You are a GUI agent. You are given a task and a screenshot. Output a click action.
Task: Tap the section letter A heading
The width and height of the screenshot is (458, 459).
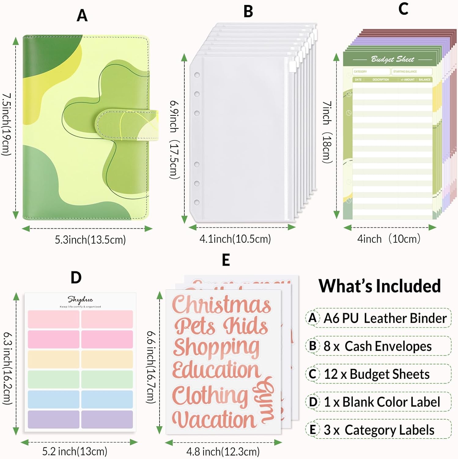82,16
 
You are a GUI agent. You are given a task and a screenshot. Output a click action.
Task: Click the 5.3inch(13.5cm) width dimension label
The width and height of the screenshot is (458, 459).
90,240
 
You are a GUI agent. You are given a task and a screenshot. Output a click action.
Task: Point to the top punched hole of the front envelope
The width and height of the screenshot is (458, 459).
197,75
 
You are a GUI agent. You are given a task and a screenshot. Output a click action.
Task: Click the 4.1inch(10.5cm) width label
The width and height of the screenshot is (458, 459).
235,239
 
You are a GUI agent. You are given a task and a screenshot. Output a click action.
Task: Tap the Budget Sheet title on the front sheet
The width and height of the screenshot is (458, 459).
392,59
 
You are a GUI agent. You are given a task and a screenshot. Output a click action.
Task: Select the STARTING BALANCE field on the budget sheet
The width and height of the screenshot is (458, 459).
412,72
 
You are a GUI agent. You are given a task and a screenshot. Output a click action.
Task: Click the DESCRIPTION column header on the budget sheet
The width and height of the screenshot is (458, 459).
380,80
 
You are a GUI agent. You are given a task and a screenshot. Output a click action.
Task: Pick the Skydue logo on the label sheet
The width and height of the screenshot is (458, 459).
80,300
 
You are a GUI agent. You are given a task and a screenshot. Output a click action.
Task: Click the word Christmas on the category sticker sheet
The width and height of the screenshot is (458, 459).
221,304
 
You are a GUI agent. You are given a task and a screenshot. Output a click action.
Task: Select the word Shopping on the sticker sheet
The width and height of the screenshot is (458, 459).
216,348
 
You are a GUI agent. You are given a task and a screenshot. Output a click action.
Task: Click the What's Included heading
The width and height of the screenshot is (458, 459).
379,286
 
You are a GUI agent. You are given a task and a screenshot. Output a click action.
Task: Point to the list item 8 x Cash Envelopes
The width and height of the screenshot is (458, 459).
377,346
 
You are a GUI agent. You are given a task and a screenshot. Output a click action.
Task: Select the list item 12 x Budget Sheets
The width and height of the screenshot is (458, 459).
376,374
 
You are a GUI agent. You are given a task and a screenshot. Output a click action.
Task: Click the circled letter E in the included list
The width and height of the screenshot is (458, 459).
312,430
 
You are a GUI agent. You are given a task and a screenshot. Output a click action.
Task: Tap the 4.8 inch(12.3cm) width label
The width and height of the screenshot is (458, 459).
223,452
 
